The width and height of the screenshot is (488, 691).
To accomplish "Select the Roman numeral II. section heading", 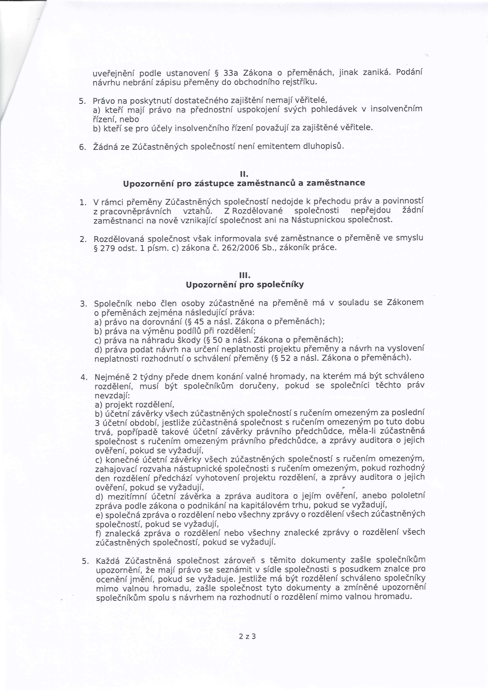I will pos(244,174).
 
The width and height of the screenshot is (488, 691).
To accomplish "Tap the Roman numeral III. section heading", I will pos(245,275).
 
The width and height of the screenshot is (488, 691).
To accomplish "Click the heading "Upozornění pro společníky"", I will pos(245,284).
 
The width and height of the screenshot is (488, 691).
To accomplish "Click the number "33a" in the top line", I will pos(231,73).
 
